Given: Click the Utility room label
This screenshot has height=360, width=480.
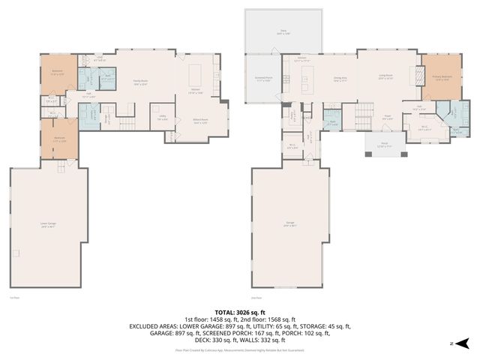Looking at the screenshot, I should coord(162,117).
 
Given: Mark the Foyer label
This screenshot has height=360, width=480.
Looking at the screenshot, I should coord(388,116).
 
